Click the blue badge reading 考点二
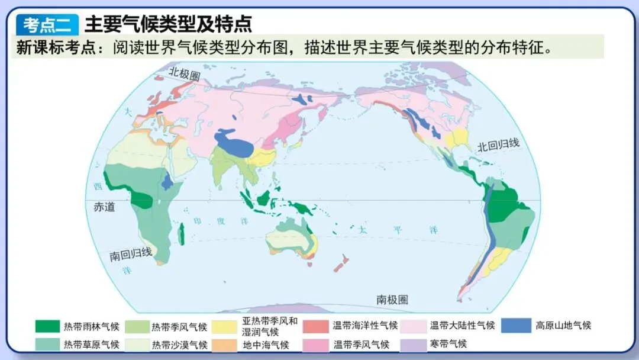47,24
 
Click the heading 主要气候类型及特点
169,24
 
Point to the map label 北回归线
498,144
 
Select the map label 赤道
104,207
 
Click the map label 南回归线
131,254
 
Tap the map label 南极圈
392,299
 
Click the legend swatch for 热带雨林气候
47,326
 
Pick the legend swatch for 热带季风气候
135,326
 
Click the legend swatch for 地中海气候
226,344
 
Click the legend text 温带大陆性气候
462,326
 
